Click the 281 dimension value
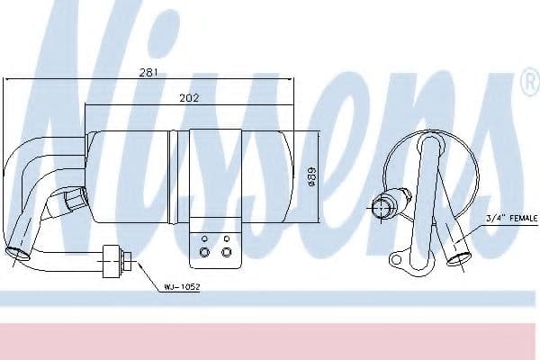pyautogui.click(x=148, y=72)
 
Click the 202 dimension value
pyautogui.click(x=189, y=98)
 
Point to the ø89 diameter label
pyautogui.click(x=311, y=177)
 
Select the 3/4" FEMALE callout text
pyautogui.click(x=512, y=218)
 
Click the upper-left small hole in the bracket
pyautogui.click(x=204, y=238)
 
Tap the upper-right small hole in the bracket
pyautogui.click(x=226, y=238)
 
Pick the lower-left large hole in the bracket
pyautogui.click(x=204, y=252)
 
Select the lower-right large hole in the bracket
pyautogui.click(x=226, y=252)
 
